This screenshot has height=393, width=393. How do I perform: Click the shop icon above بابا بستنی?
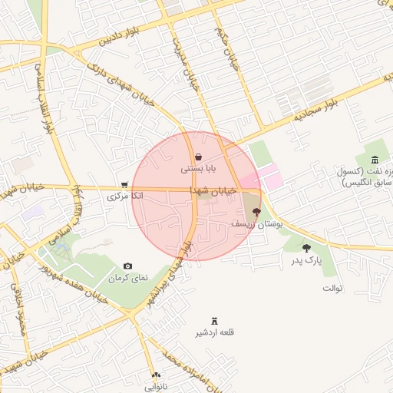[198, 157]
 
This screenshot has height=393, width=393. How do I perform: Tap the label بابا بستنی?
[199, 167]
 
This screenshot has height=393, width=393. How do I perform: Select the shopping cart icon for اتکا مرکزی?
[124, 185]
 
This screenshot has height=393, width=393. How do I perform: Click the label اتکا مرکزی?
[125, 196]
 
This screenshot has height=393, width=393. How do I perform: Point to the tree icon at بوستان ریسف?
[256, 211]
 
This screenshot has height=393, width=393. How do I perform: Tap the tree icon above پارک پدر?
[306, 248]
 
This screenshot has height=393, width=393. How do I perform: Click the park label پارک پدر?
[306, 261]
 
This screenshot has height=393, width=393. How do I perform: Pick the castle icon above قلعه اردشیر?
[214, 320]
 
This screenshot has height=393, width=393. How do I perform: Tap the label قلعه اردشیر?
[214, 332]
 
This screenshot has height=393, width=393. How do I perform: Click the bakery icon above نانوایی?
[157, 375]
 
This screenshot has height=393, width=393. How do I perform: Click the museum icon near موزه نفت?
[374, 160]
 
